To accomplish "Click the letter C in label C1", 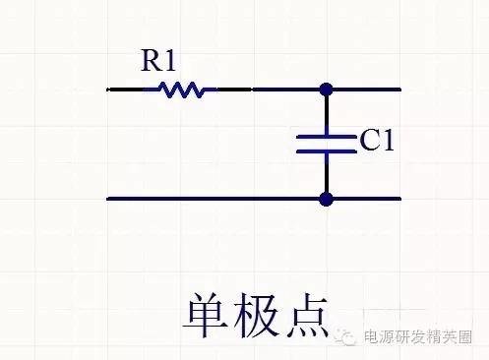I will click(370, 144).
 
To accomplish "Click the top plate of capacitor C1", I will click(326, 135).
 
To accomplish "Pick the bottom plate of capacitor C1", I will click(326, 151).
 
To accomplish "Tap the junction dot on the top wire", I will click(326, 90).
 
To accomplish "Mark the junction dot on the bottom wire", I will click(326, 199).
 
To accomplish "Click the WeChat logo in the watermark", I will click(348, 337).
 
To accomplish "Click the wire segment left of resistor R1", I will click(126, 90).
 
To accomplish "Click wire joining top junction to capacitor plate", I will click(326, 112).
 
